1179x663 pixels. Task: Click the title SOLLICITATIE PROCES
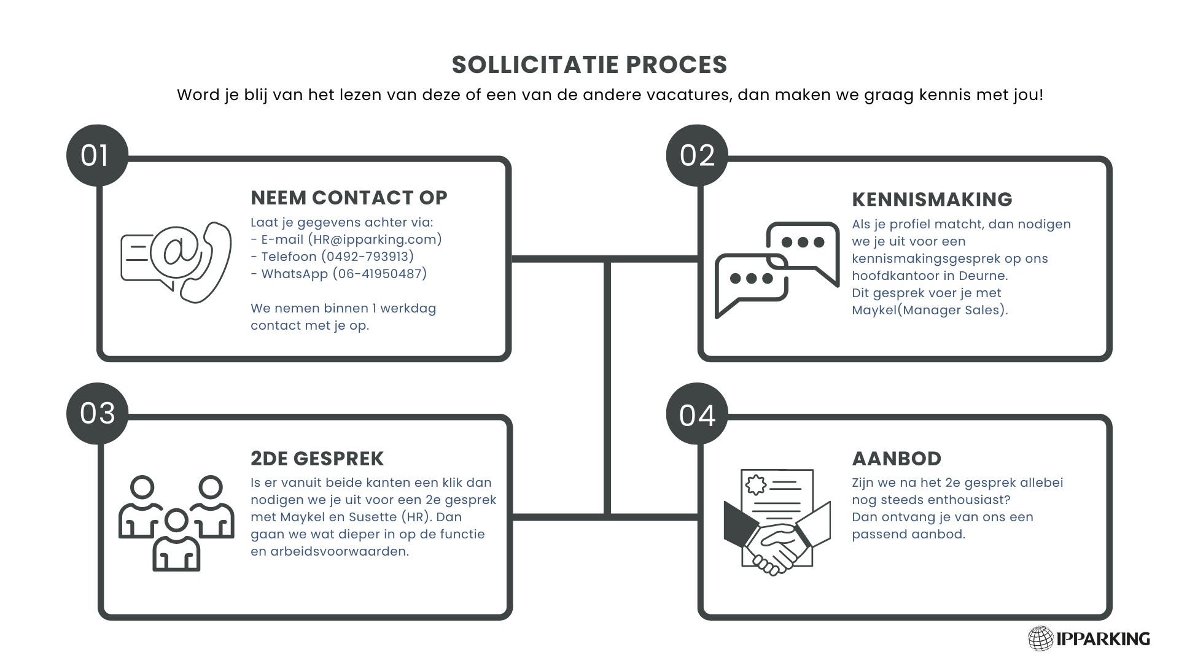tap(589, 64)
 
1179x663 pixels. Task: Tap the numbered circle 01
tap(97, 155)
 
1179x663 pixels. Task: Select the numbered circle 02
tap(697, 155)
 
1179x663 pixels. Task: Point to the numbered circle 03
tap(97, 414)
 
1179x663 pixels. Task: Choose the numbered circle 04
tap(697, 414)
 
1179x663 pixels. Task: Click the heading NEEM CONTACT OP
tap(349, 198)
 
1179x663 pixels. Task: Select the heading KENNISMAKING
tap(932, 200)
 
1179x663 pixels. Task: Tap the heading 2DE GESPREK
tap(317, 459)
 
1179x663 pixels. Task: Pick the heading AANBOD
tap(897, 459)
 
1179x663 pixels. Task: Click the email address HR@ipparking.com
tap(375, 239)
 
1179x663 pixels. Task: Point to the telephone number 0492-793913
tap(368, 257)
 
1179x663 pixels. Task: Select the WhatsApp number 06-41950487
tap(379, 274)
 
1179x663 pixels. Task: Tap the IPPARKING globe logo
tap(1041, 638)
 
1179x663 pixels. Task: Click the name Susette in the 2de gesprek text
tap(373, 517)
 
